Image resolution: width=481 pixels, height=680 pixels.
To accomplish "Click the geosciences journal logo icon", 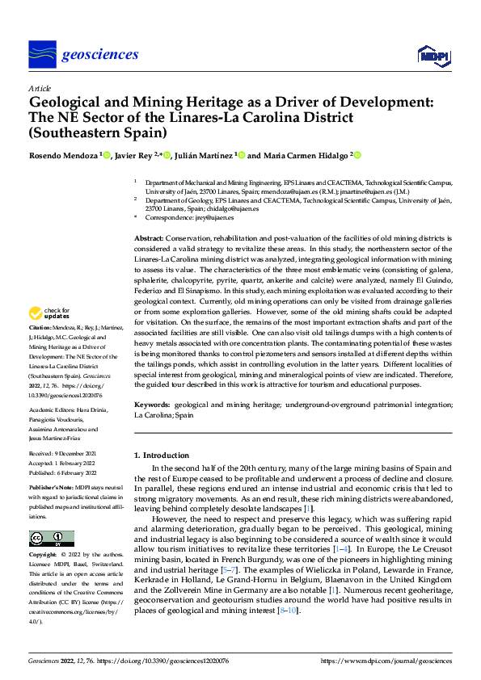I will (42, 54).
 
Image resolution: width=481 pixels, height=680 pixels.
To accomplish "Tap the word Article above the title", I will (40, 88).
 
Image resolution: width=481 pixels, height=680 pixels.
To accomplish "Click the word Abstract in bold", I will (148, 240).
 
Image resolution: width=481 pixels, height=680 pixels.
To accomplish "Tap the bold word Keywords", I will (152, 402).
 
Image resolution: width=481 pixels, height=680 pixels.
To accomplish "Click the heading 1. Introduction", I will (162, 455).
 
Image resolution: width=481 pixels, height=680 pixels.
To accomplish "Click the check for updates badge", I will (49, 313).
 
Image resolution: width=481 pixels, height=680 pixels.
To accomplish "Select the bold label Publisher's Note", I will (51, 489).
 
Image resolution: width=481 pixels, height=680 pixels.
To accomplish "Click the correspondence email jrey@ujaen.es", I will (210, 218).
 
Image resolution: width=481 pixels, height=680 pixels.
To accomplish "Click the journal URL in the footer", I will (386, 661).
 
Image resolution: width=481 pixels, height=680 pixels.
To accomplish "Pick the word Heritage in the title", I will (196, 103).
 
